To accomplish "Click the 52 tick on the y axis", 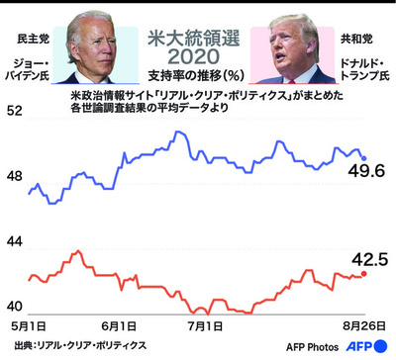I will coord(17,112).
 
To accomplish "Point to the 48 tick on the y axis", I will coord(17,175).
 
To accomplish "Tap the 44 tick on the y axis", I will coord(17,241).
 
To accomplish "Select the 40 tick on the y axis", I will coord(17,306).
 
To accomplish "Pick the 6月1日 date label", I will coord(119,324).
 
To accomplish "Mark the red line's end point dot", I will coord(364,274).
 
